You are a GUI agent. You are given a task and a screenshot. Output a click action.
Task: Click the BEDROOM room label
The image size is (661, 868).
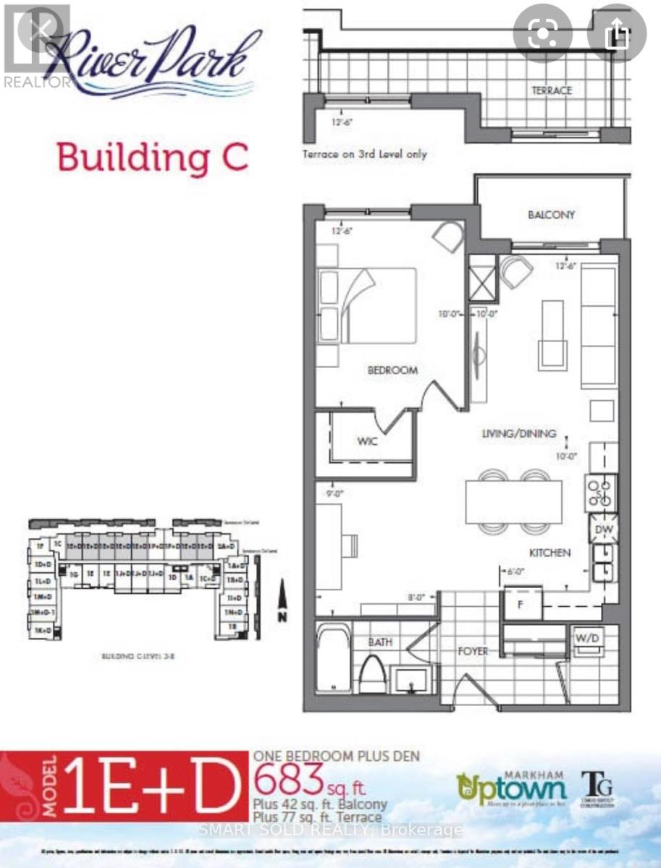(392, 370)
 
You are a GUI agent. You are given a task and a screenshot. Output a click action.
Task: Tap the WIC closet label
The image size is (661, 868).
(368, 441)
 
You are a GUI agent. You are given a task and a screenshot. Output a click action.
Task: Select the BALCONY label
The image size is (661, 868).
(551, 215)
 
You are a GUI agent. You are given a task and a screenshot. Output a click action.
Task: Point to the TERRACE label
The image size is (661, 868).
(552, 90)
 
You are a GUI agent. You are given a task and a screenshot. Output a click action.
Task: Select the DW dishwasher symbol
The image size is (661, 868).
(602, 529)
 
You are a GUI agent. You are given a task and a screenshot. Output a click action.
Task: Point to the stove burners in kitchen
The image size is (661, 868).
(600, 493)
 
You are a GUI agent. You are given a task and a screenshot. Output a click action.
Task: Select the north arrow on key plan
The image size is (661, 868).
(282, 603)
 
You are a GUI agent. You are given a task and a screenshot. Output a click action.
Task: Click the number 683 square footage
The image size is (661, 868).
(287, 779)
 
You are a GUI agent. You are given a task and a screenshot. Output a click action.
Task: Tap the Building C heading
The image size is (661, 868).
(153, 156)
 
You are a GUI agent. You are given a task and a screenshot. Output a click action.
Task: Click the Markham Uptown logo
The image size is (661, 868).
(511, 786)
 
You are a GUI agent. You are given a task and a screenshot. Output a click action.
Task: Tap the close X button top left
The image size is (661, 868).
(41, 29)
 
